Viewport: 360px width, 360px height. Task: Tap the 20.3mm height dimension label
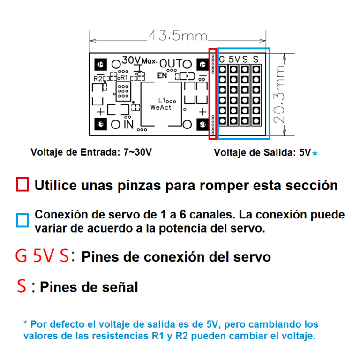(x=280, y=94)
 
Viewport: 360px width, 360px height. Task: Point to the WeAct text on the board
(x=161, y=107)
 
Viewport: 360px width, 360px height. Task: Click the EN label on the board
(x=162, y=75)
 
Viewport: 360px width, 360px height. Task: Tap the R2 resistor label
(x=99, y=78)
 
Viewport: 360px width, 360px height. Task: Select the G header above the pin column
(x=222, y=60)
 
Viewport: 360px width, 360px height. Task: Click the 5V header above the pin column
(x=234, y=60)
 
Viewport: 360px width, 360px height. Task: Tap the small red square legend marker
(x=22, y=184)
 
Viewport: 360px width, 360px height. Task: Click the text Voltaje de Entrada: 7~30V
(x=91, y=152)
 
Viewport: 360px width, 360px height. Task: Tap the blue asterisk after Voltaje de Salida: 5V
(x=315, y=153)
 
